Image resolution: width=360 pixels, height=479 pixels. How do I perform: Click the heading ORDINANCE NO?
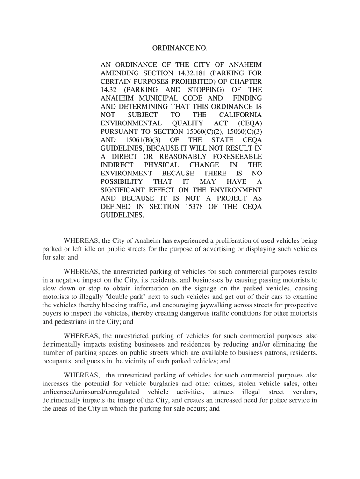pos(180,49)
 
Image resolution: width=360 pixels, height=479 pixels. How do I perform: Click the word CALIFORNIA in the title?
pos(240,115)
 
